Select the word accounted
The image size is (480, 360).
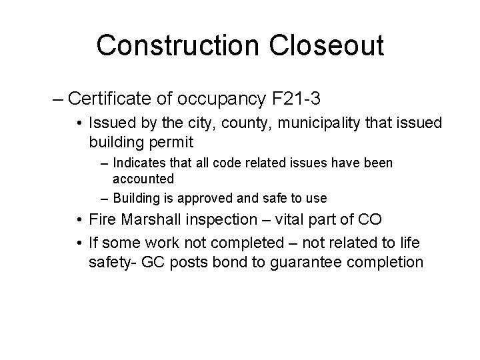pyautogui.click(x=143, y=179)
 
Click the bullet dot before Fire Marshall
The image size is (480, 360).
pyautogui.click(x=79, y=221)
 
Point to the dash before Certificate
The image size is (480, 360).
pyautogui.click(x=57, y=100)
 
